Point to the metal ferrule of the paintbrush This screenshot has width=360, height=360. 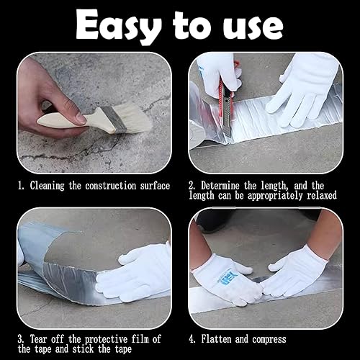pos(114,120)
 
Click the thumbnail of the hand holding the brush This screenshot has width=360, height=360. pos(80,117)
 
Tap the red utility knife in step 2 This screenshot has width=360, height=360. pos(226,106)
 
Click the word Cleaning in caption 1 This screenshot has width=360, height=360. pos(48,186)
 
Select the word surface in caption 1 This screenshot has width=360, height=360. pos(155,186)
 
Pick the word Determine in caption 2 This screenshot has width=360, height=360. pos(220,186)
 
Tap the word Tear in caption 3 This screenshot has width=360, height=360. pos(38,339)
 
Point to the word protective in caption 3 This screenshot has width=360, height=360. pos(106,340)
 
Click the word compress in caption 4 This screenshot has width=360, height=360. pos(269,340)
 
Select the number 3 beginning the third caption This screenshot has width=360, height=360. pos(20,339)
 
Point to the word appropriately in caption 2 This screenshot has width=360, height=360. pos(275,196)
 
